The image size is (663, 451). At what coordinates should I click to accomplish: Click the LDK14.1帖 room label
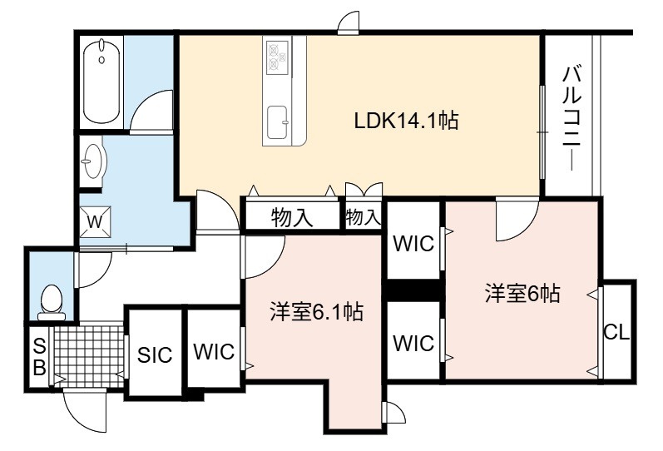(x=406, y=121)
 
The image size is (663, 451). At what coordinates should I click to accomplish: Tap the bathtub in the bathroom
(x=101, y=81)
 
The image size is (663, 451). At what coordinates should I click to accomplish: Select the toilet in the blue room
(x=52, y=302)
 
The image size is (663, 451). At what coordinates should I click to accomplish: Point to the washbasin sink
(x=93, y=161)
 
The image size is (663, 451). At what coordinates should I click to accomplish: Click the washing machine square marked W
(x=95, y=221)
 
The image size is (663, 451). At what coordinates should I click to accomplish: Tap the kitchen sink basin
(x=277, y=122)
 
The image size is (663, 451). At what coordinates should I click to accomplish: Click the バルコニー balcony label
(x=571, y=118)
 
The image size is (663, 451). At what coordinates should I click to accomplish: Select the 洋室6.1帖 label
(x=316, y=312)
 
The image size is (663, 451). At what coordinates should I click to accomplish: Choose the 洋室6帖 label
(x=522, y=293)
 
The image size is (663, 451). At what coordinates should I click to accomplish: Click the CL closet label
(x=616, y=333)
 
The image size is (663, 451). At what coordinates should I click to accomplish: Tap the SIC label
(x=155, y=355)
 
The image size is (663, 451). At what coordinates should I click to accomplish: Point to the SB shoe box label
(x=39, y=358)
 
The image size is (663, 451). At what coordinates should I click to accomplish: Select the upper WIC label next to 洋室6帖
(x=413, y=244)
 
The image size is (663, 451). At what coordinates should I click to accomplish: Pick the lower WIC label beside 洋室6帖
(x=413, y=343)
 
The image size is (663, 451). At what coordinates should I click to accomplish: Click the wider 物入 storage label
(x=292, y=217)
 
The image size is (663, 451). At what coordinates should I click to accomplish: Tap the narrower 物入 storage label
(x=364, y=217)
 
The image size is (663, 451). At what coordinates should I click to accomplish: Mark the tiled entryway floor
(x=89, y=356)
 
